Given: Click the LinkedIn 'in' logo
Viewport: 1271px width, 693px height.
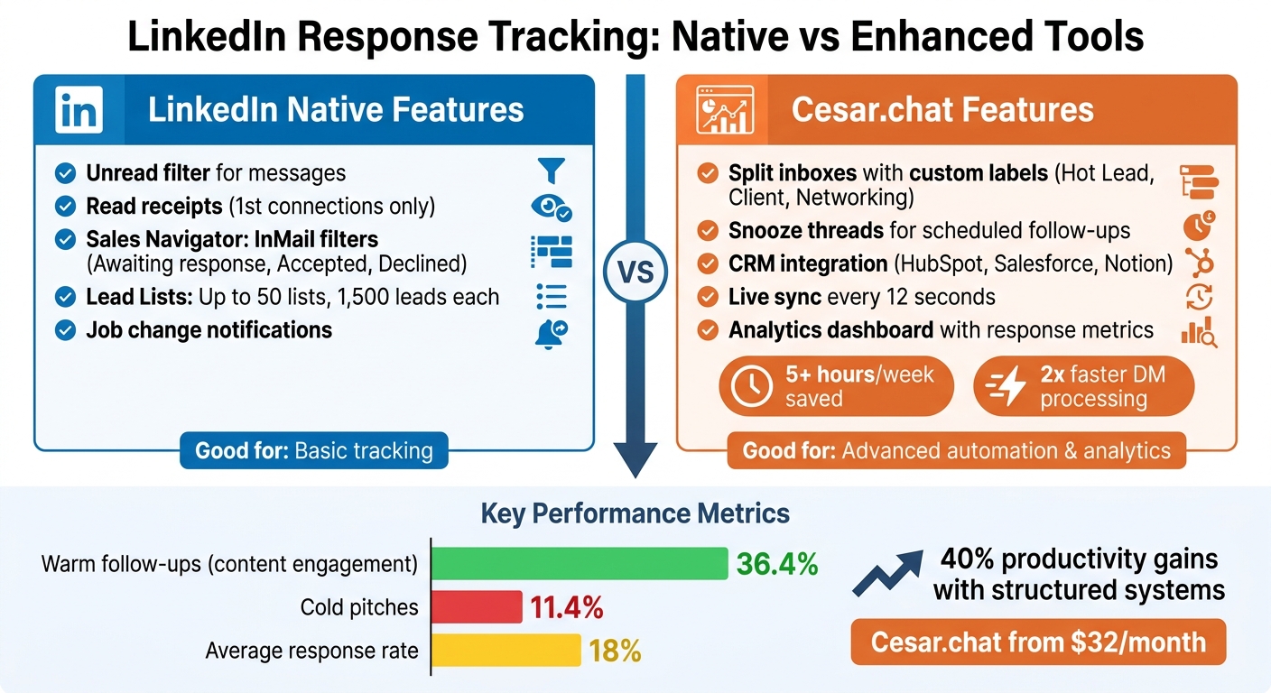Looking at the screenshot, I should coord(79,110).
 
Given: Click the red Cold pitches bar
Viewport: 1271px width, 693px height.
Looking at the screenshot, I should coord(478,606).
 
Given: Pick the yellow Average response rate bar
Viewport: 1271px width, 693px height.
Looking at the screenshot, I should coord(506,650).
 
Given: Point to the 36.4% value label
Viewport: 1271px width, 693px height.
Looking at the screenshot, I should coord(776,565).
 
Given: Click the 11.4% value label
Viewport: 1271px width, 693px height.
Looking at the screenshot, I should coord(566,607).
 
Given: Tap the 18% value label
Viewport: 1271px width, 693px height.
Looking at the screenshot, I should coord(615,651).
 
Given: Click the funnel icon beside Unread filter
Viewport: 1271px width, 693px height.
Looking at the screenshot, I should coord(551,171).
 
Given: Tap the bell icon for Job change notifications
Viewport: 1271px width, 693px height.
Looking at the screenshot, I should coord(551,333).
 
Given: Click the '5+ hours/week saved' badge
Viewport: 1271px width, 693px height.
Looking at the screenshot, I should coord(836,387).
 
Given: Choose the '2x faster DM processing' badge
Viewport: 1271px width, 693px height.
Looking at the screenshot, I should coord(1083,387).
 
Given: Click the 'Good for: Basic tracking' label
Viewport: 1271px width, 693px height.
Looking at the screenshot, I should coord(314,450).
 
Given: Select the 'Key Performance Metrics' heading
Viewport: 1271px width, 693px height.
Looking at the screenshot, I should coord(635,513).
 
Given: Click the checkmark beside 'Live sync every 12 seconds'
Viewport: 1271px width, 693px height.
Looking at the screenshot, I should coord(709,297).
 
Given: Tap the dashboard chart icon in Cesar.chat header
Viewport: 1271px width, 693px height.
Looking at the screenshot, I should coord(725,111).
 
